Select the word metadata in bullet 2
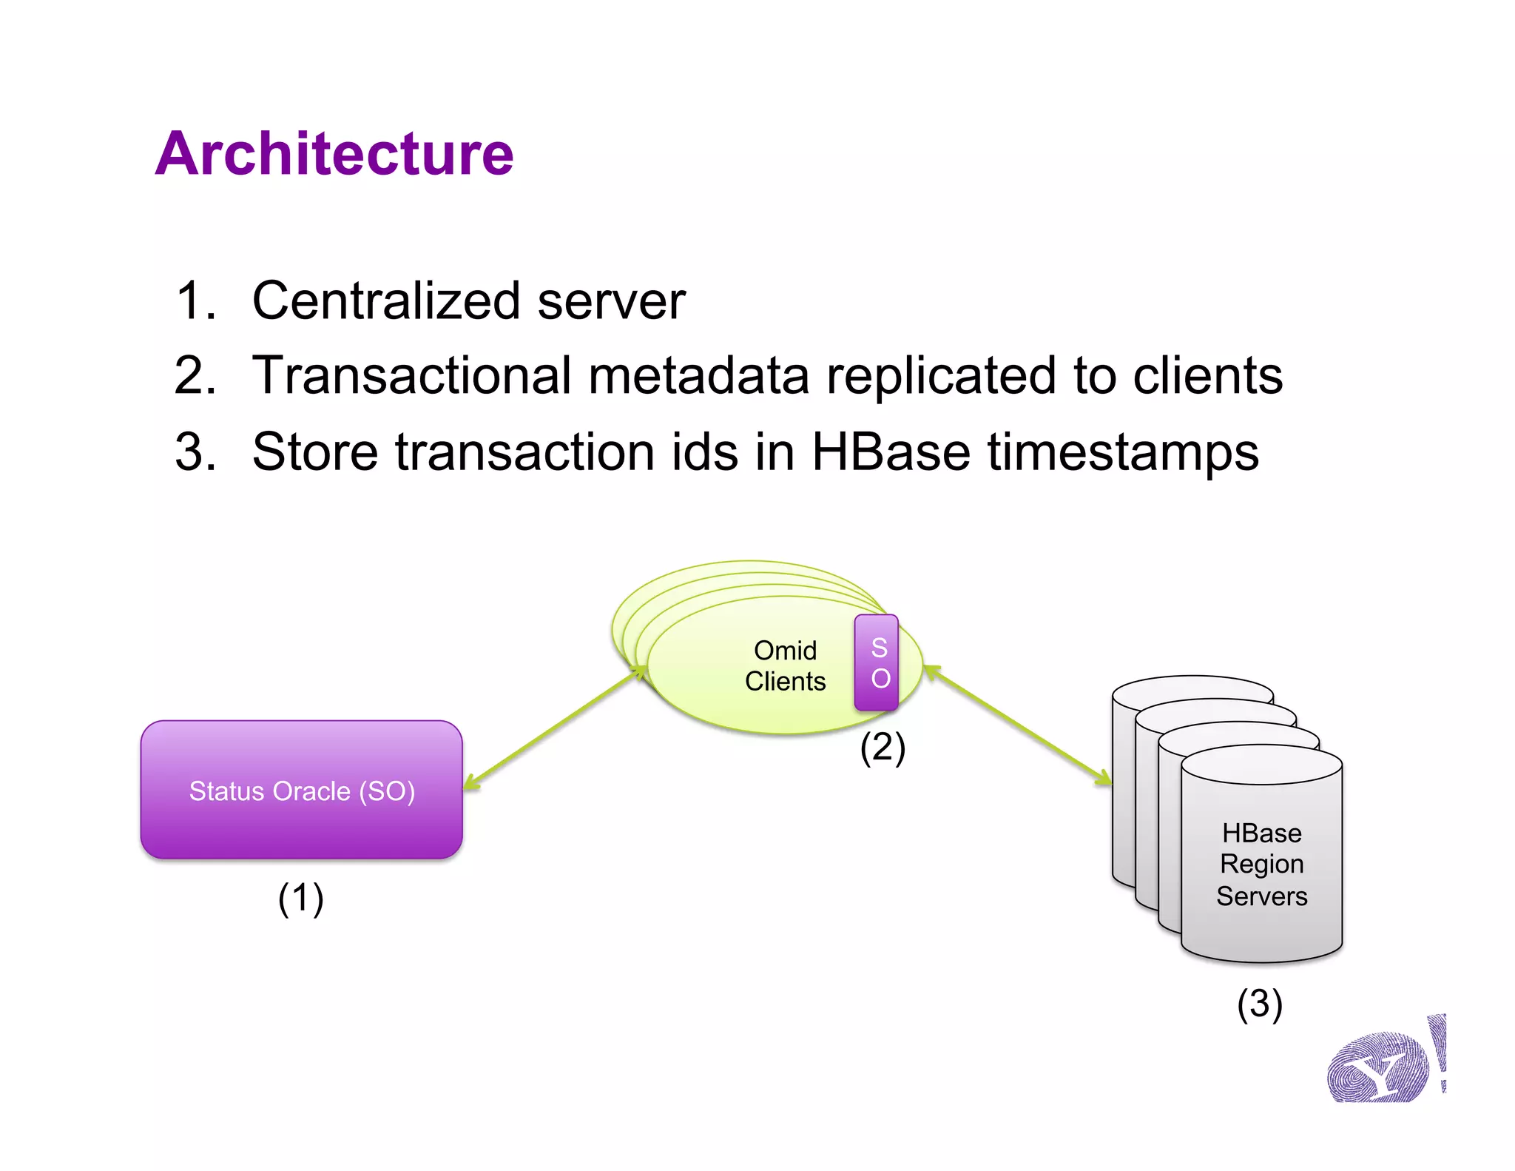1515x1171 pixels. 698,375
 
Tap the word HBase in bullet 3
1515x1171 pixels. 890,452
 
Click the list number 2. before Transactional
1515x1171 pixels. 195,375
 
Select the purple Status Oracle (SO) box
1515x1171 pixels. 301,790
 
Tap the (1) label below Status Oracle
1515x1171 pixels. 300,899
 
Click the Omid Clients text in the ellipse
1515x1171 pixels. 785,665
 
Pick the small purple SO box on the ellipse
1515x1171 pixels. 877,662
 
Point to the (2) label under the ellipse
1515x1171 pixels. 882,748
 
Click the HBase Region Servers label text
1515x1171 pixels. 1261,864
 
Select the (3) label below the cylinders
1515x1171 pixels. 1259,1004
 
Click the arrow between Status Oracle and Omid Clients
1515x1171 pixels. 555,728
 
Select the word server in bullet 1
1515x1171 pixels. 611,301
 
